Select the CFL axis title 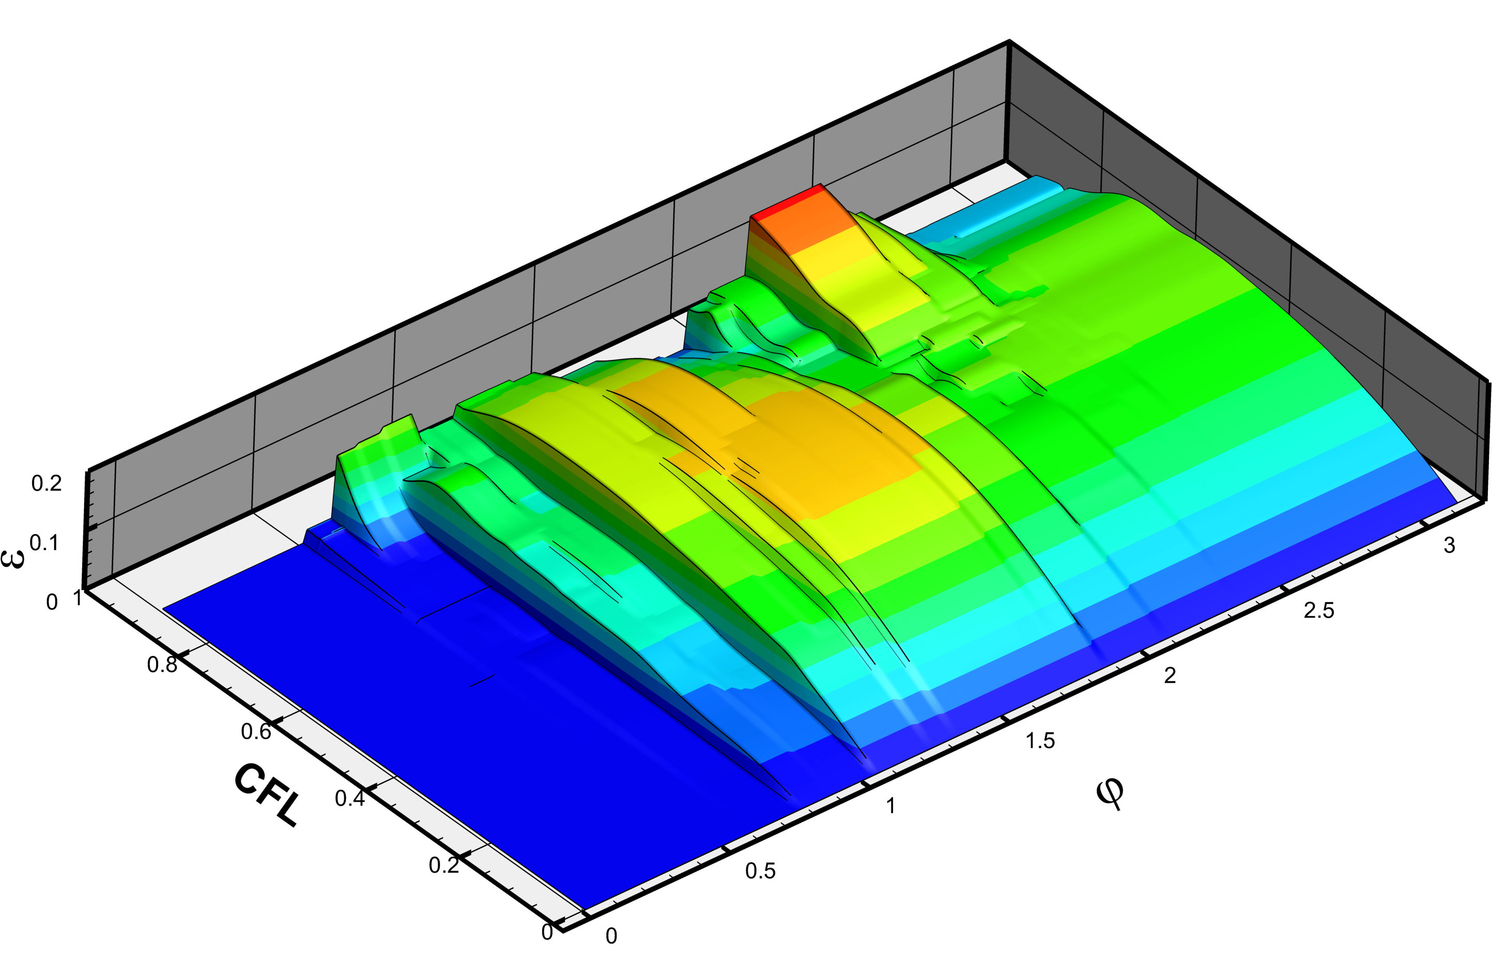(267, 794)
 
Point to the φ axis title (1110, 794)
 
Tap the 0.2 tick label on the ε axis (47, 483)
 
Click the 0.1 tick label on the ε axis (44, 543)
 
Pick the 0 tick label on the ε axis (52, 602)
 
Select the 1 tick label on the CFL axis (78, 598)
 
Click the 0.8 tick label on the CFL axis (162, 664)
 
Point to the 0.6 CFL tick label (256, 731)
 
